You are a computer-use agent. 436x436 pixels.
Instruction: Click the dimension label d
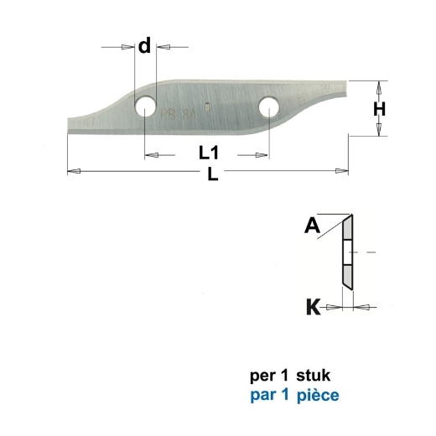[144, 46]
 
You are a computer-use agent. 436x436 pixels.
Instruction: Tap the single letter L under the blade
[212, 175]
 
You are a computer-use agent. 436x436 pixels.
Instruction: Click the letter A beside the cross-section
[312, 224]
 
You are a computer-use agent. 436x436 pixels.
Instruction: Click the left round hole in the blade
[146, 106]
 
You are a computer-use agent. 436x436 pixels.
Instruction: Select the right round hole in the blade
[269, 106]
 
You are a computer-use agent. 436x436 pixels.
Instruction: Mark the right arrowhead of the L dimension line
[341, 171]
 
